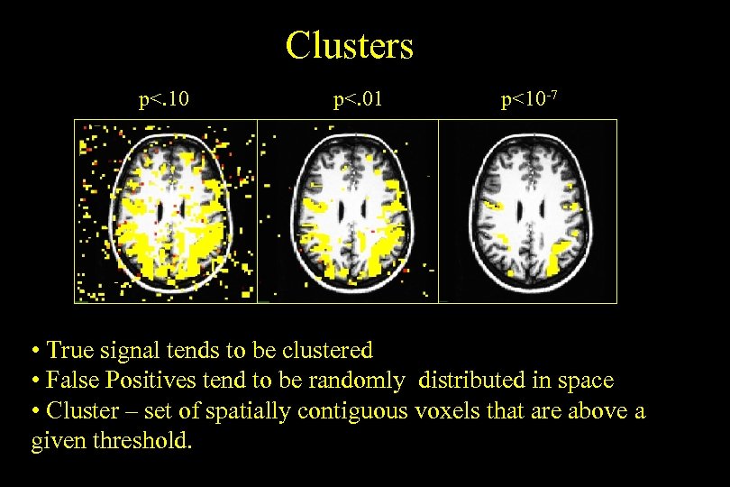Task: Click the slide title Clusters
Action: [x=349, y=45]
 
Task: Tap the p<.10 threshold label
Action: [x=163, y=98]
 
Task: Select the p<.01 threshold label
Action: [x=358, y=98]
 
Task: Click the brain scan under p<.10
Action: [x=165, y=212]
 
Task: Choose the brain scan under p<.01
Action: [x=347, y=212]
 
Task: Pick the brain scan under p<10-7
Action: [x=527, y=212]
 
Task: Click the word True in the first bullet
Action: [x=68, y=350]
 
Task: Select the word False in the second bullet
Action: [x=71, y=381]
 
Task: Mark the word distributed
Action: [x=469, y=381]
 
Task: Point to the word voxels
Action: [x=444, y=412]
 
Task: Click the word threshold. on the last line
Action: [x=151, y=443]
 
